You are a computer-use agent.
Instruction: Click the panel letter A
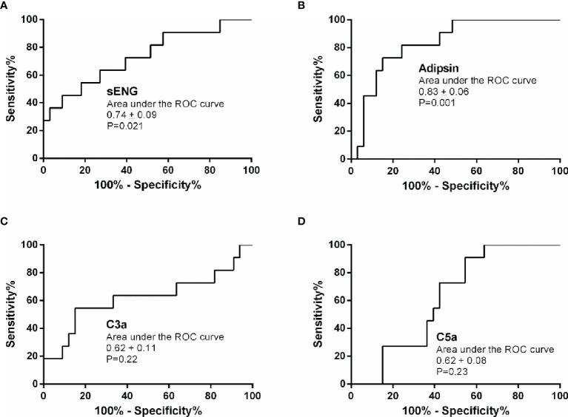tap(5, 6)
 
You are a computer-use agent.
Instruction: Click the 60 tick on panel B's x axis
tap(476, 171)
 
